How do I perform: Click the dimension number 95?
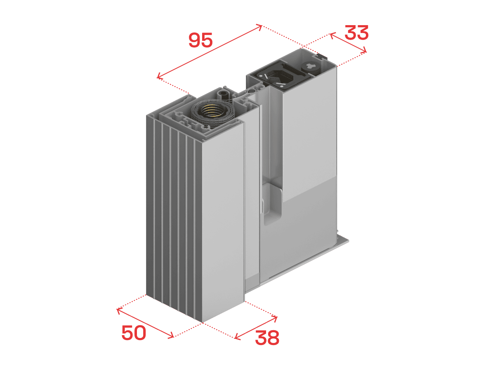(x=200, y=40)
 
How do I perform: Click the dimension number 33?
(x=356, y=33)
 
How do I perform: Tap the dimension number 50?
(x=134, y=333)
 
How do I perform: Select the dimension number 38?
(x=267, y=338)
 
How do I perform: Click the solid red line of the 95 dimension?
(x=210, y=52)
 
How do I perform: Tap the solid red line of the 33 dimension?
(x=348, y=42)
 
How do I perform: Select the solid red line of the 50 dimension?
(x=145, y=323)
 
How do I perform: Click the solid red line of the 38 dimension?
(x=256, y=328)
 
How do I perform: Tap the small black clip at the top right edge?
(x=322, y=56)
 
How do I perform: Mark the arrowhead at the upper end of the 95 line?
(x=259, y=26)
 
